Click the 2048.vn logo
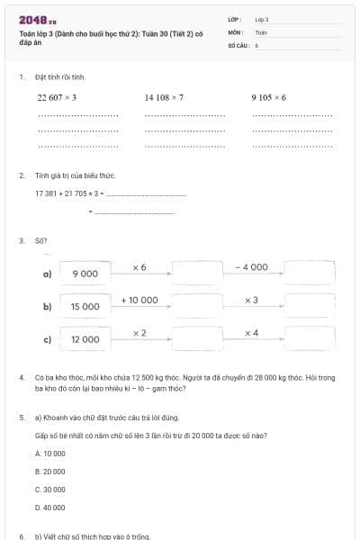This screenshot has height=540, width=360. click(38, 20)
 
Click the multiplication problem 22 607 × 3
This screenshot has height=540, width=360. click(57, 97)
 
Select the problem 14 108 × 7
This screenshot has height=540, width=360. click(164, 97)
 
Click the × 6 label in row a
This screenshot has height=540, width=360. click(139, 267)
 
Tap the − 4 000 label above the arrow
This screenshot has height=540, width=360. click(252, 267)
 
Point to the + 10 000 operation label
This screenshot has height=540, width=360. click(139, 300)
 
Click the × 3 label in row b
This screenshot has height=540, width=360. click(252, 300)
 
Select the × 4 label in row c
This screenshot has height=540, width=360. click(252, 333)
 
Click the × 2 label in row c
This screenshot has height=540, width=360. click(139, 333)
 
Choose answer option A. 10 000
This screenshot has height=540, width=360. click(49, 454)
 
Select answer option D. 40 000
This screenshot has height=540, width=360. click(49, 508)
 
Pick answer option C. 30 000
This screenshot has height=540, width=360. click(49, 490)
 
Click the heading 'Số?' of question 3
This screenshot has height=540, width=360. click(40, 240)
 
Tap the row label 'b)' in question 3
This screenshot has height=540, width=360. click(47, 306)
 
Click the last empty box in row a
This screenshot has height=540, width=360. click(309, 273)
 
